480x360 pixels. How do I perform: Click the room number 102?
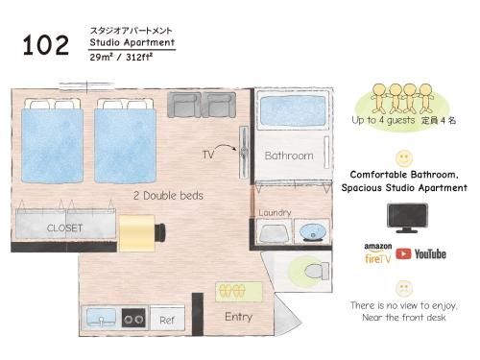pos(46,45)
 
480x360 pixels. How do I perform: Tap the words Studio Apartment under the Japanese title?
pos(132,42)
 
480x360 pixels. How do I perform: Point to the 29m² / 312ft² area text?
pos(121,57)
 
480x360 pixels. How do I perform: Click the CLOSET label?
pos(64,228)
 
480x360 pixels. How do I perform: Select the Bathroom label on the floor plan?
pos(289,156)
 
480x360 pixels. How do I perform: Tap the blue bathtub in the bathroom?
pos(293,110)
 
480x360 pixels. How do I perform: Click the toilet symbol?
pos(316,272)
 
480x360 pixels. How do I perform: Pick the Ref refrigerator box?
pos(167,319)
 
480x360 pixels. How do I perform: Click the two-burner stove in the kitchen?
pos(133,318)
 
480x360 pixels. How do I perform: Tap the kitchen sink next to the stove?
pos(101,318)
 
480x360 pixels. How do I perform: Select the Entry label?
pos(238,317)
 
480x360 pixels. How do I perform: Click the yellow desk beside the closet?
pos(137,232)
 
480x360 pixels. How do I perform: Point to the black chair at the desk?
pos(160,232)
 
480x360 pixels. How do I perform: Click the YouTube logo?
pos(420,254)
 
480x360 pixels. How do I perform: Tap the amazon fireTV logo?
pos(378,253)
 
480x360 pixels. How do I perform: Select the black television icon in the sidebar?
pos(407,218)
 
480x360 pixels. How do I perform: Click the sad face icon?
pos(404,289)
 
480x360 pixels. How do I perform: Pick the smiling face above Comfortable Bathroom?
pos(404,158)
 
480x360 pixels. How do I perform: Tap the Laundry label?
pos(275,212)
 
